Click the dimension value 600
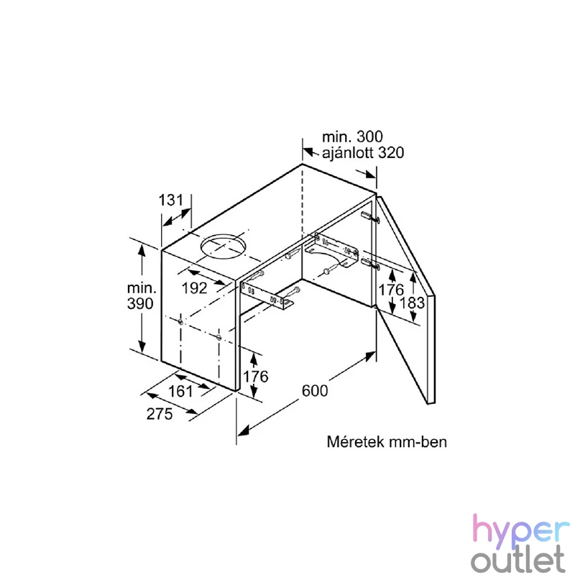click(315, 390)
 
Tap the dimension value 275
click(160, 414)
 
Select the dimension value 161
click(180, 391)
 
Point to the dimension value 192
click(194, 288)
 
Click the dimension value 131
click(170, 201)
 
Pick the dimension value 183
click(412, 303)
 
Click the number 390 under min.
click(140, 303)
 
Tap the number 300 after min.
click(369, 137)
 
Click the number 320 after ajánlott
click(391, 152)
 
